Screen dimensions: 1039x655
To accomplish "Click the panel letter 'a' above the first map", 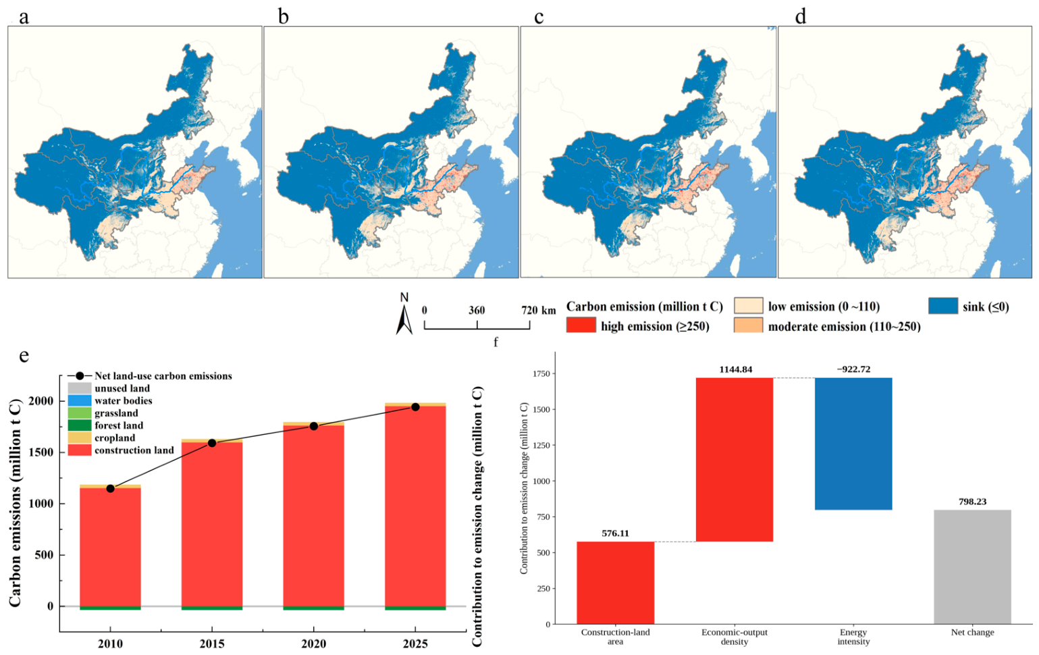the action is click(24, 18).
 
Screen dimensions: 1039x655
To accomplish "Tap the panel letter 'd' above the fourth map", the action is click(801, 17).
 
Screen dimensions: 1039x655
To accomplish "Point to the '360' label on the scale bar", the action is click(477, 311).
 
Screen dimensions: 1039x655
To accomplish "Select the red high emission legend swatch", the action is click(581, 325).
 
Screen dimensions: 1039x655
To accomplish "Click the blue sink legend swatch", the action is click(943, 306).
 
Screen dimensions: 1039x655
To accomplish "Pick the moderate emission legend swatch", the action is click(748, 325).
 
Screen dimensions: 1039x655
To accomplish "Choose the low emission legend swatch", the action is click(748, 306).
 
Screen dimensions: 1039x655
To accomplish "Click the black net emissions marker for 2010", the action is click(111, 488).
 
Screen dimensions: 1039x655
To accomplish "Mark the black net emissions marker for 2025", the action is click(415, 407).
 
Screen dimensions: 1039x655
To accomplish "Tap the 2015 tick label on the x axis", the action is click(212, 644).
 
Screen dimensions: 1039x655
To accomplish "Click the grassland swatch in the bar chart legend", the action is click(79, 413).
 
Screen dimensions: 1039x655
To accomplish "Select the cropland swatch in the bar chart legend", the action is click(79, 438).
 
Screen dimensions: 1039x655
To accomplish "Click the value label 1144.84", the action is click(736, 369).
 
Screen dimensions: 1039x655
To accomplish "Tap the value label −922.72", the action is click(853, 369).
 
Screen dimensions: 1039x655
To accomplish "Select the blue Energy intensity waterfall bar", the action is click(853, 444).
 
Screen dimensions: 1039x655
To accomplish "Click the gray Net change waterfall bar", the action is click(972, 567).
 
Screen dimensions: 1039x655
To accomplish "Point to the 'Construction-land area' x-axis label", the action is click(616, 637).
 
